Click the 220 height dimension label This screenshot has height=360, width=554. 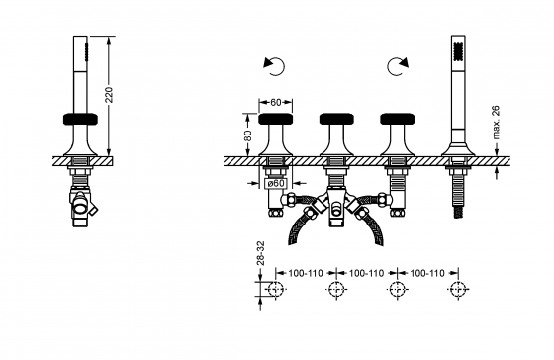click(x=109, y=95)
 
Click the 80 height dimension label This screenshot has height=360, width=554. click(x=248, y=135)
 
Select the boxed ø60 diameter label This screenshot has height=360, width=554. click(x=276, y=183)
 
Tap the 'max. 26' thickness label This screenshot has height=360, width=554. click(x=496, y=122)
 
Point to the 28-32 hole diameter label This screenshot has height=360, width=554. click(x=260, y=253)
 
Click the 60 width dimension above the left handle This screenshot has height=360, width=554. click(x=276, y=103)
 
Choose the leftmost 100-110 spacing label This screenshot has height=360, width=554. click(x=306, y=273)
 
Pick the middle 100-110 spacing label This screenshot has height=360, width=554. click(x=366, y=273)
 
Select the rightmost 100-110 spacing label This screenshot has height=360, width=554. click(x=427, y=273)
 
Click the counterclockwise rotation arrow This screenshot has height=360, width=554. click(x=274, y=66)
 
